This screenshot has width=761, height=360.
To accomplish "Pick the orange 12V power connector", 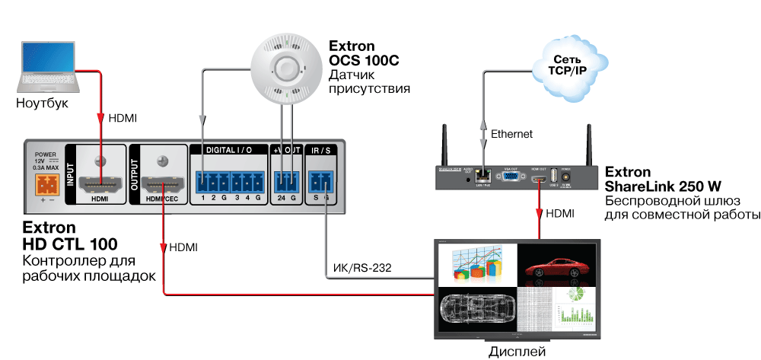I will [x=46, y=185].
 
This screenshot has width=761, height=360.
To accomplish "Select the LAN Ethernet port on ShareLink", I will [x=481, y=176].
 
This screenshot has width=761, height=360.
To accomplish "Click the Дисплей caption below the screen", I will [x=517, y=352].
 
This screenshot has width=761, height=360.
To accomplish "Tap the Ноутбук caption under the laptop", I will [x=43, y=103].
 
